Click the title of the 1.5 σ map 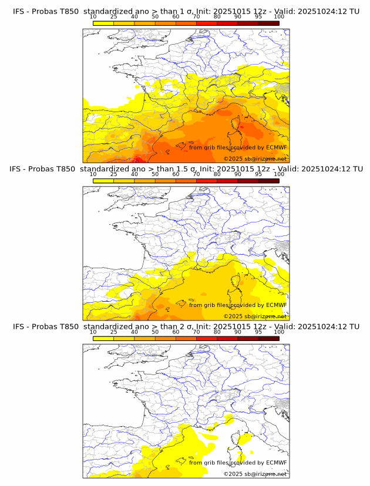pyautogui.click(x=186, y=168)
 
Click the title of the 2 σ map pyautogui.click(x=186, y=326)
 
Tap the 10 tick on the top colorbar pyautogui.click(x=93, y=16)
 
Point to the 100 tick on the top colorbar pyautogui.click(x=279, y=16)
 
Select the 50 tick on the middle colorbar pyautogui.click(x=155, y=174)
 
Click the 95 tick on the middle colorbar pyautogui.click(x=258, y=174)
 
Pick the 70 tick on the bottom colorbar pyautogui.click(x=197, y=332)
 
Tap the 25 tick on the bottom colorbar pyautogui.click(x=114, y=332)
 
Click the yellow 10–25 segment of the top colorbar pyautogui.click(x=103, y=23)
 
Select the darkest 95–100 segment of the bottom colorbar pyautogui.click(x=269, y=339)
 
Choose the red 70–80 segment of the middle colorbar pyautogui.click(x=207, y=181)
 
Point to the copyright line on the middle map pyautogui.click(x=255, y=316)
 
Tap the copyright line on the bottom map pyautogui.click(x=255, y=474)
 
